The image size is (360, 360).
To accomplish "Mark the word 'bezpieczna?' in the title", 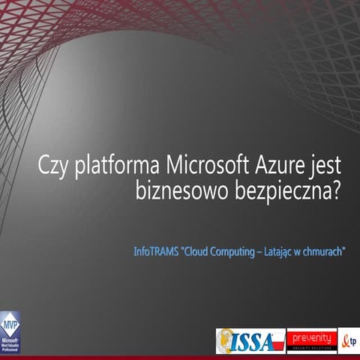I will pyautogui.click(x=285, y=190).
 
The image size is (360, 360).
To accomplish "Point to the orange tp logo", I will pyautogui.click(x=349, y=340).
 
